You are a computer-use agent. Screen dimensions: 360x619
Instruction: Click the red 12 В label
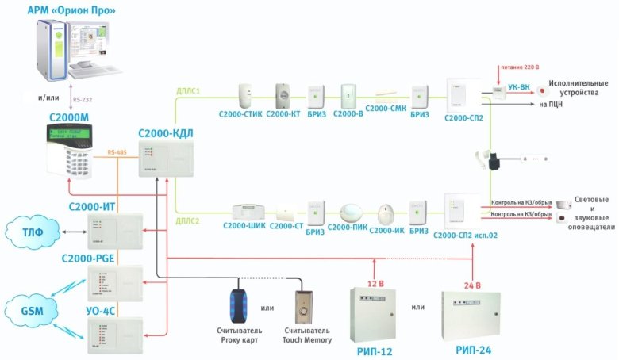[375, 283]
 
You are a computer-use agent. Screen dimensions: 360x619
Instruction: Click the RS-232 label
[82, 101]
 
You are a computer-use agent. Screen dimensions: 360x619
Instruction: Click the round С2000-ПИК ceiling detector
[350, 214]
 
